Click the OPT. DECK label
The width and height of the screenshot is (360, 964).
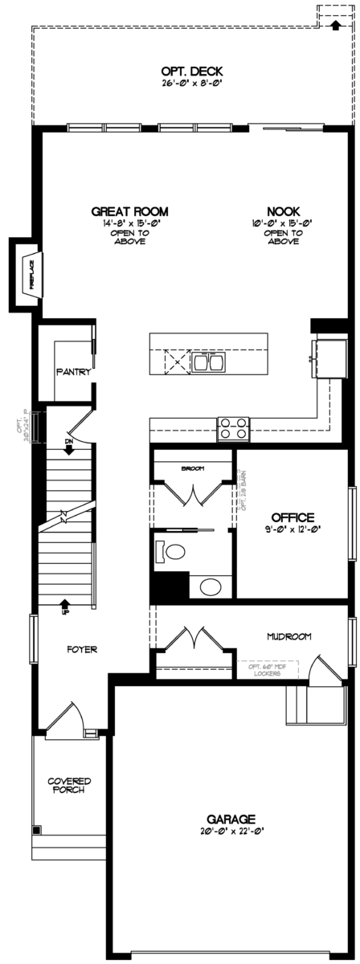191,71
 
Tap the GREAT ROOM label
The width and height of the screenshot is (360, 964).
129,212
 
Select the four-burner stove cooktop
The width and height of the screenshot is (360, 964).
232,428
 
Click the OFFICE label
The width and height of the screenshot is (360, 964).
292,517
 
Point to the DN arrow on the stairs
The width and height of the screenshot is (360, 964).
69,446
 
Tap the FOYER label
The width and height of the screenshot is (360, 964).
83,648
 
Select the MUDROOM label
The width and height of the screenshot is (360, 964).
288,636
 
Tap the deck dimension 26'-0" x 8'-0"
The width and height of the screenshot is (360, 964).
191,82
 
